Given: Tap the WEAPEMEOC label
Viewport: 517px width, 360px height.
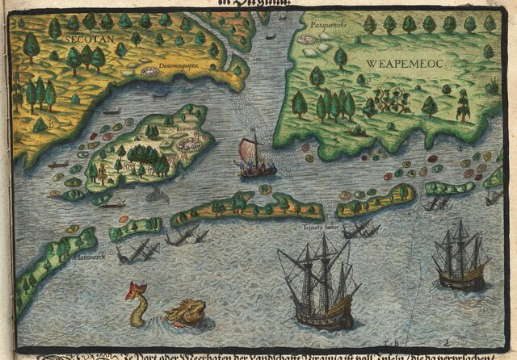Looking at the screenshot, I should pyautogui.click(x=404, y=62).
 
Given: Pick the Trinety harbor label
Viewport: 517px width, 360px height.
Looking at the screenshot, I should pyautogui.click(x=317, y=227).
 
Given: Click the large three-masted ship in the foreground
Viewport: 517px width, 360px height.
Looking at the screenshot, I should pyautogui.click(x=320, y=283).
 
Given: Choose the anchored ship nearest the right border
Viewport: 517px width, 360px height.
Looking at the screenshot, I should pyautogui.click(x=461, y=258).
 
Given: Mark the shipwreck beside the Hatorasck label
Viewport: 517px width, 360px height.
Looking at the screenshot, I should pyautogui.click(x=133, y=252).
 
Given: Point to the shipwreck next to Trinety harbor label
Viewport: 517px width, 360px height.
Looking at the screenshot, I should pyautogui.click(x=359, y=229).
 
